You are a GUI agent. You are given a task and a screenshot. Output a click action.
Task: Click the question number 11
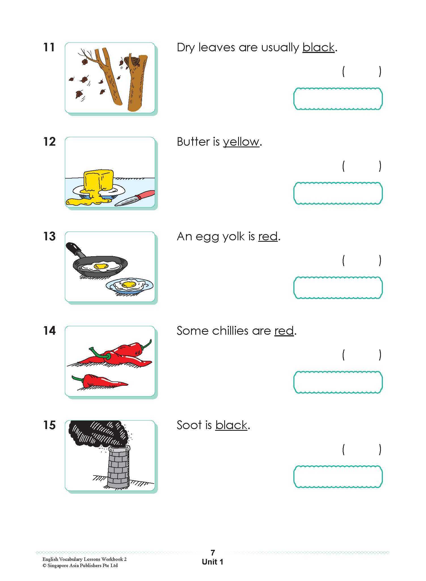click(49, 47)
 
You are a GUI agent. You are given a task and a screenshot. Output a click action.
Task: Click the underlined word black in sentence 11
click(318, 48)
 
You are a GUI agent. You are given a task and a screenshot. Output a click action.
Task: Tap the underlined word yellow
click(241, 142)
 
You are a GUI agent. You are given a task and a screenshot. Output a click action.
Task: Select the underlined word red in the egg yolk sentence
click(268, 236)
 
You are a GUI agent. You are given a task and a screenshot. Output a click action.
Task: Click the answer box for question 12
click(338, 193)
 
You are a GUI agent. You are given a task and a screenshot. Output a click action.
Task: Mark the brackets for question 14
click(361, 355)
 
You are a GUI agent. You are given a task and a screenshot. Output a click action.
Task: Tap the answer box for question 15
click(338, 476)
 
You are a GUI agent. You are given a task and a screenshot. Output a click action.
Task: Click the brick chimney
click(118, 467)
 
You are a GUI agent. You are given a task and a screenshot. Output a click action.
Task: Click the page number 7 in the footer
click(213, 552)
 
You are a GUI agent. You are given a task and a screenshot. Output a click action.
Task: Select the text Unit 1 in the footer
click(213, 562)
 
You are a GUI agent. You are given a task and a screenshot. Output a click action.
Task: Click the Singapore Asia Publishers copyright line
click(80, 565)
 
